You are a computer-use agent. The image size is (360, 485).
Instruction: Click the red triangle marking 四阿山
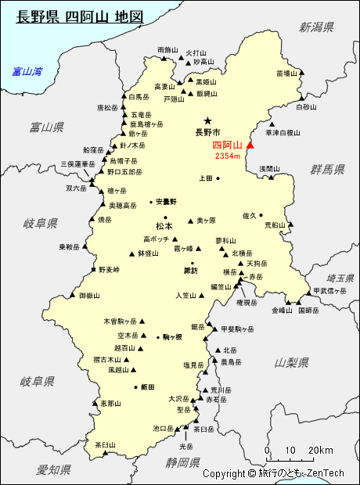click(x=250, y=145)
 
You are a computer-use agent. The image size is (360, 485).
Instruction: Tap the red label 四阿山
click(x=227, y=145)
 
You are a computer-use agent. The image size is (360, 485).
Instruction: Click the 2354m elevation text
click(x=228, y=156)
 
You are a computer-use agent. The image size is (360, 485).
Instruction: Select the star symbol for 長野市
click(x=207, y=120)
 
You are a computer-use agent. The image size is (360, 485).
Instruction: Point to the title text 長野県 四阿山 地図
click(x=80, y=16)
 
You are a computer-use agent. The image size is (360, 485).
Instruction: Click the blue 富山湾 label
click(x=27, y=72)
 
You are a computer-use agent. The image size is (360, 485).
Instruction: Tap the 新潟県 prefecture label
click(x=316, y=27)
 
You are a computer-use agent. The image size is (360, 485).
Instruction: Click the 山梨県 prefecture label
click(x=290, y=362)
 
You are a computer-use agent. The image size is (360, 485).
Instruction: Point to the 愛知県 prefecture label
click(x=54, y=469)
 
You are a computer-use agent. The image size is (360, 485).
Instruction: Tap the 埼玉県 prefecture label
click(x=340, y=278)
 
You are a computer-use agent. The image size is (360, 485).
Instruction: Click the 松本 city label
click(x=164, y=226)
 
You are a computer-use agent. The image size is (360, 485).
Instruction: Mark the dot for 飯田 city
click(x=136, y=386)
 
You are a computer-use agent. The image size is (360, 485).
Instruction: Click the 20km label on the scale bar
click(x=321, y=450)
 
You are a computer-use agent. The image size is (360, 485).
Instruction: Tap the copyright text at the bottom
click(x=273, y=473)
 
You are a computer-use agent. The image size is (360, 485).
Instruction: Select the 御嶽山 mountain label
click(x=89, y=296)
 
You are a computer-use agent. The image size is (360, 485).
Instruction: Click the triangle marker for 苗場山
click(x=302, y=74)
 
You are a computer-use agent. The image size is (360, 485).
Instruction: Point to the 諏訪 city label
click(x=190, y=271)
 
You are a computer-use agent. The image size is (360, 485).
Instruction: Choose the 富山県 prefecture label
click(x=46, y=127)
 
